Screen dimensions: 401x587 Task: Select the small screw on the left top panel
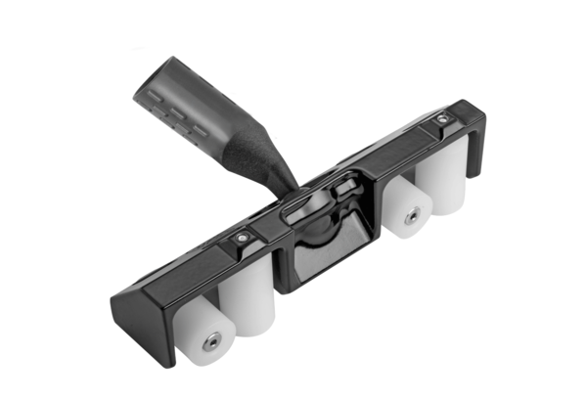pos(241,236)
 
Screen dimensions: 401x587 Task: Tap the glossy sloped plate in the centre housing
pos(329,248)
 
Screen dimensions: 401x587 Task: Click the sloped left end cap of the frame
pos(131,318)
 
